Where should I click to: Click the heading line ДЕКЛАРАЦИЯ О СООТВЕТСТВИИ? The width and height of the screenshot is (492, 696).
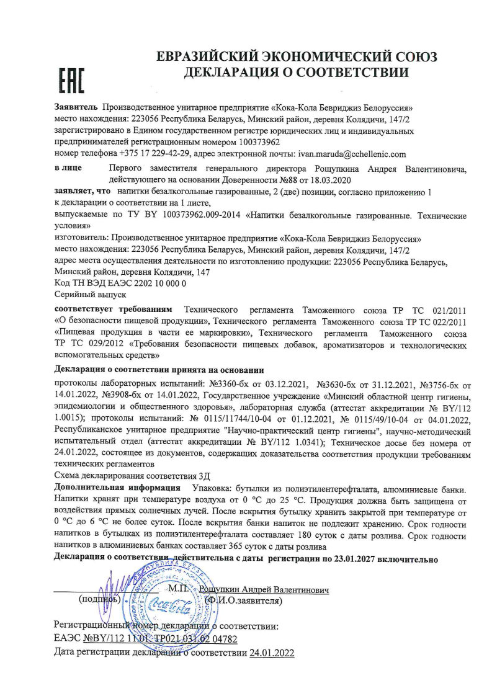[x=296, y=73]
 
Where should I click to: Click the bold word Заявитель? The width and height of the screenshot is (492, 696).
[x=76, y=108]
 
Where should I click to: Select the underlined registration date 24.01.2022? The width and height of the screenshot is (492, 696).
[x=271, y=653]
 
